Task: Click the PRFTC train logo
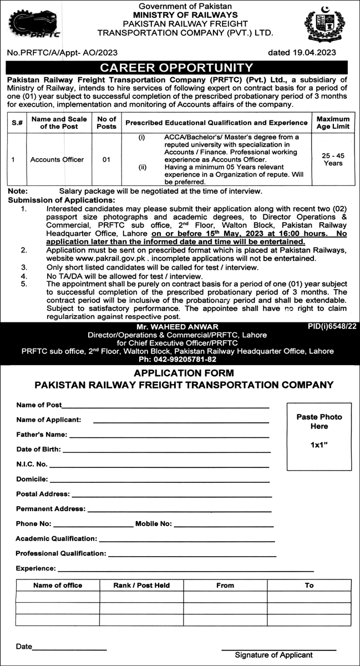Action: point(34,24)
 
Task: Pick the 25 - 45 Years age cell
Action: point(333,159)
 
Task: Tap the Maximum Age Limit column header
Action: point(333,122)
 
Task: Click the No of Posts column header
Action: point(106,122)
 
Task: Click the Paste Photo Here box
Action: point(319,430)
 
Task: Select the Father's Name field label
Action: point(42,435)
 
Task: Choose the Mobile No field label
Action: point(154,523)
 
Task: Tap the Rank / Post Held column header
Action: point(141,585)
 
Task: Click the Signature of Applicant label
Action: point(273,655)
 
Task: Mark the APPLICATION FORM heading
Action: point(184,373)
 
